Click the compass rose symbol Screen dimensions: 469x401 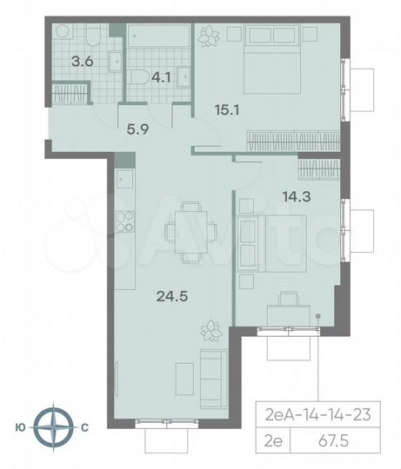(x=60, y=426)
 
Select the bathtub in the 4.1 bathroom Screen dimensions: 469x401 (x=157, y=37)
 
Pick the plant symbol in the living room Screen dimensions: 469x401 (x=208, y=329)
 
